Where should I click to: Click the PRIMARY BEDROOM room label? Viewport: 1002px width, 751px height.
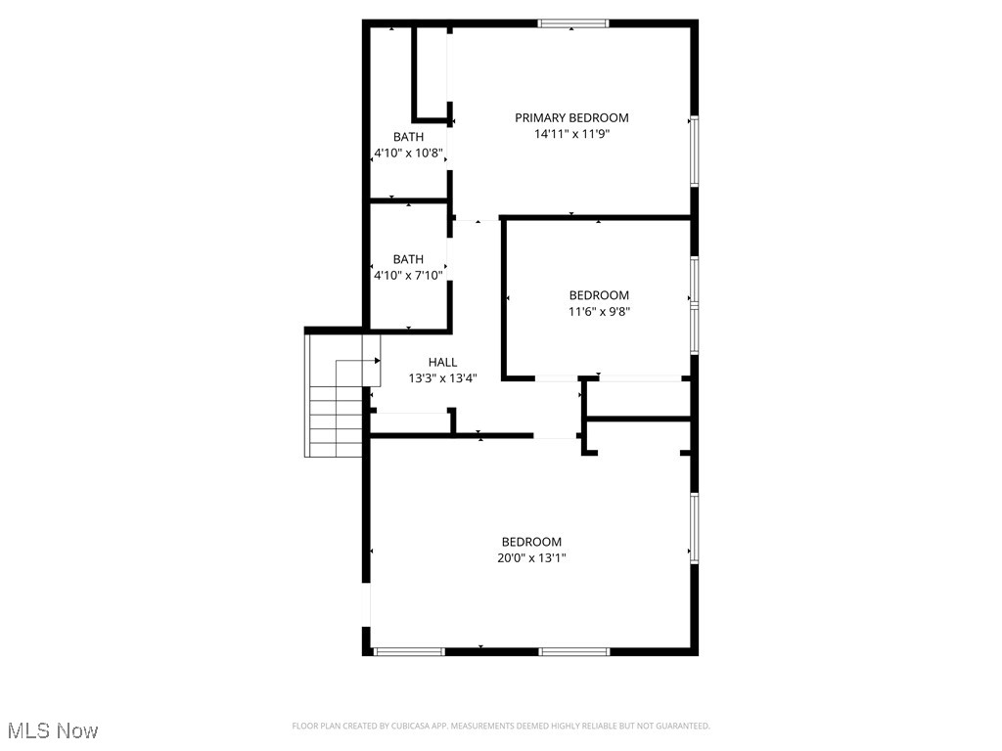571,118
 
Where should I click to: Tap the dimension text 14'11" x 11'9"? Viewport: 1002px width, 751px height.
571,135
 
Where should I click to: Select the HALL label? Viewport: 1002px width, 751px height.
442,363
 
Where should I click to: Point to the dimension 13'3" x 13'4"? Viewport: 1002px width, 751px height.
442,378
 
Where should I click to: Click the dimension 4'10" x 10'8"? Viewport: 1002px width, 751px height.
409,154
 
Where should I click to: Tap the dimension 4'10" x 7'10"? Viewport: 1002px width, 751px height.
408,276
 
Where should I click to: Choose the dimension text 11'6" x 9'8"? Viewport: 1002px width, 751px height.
599,312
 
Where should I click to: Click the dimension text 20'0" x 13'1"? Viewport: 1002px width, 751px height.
531,558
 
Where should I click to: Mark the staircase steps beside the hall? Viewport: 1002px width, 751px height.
336,420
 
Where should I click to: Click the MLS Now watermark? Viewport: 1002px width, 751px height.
51,730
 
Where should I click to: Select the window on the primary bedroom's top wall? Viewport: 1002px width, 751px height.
573,23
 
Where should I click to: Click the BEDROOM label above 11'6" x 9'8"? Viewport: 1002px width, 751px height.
599,295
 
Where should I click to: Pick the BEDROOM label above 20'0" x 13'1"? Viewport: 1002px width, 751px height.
531,542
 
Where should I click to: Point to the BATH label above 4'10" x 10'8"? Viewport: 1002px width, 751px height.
409,137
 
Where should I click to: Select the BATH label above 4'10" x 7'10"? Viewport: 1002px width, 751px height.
408,259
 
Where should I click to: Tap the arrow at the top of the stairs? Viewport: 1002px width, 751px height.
376,361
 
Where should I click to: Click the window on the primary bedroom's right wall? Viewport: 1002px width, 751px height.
694,151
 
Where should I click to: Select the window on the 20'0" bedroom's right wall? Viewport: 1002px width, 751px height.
694,528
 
